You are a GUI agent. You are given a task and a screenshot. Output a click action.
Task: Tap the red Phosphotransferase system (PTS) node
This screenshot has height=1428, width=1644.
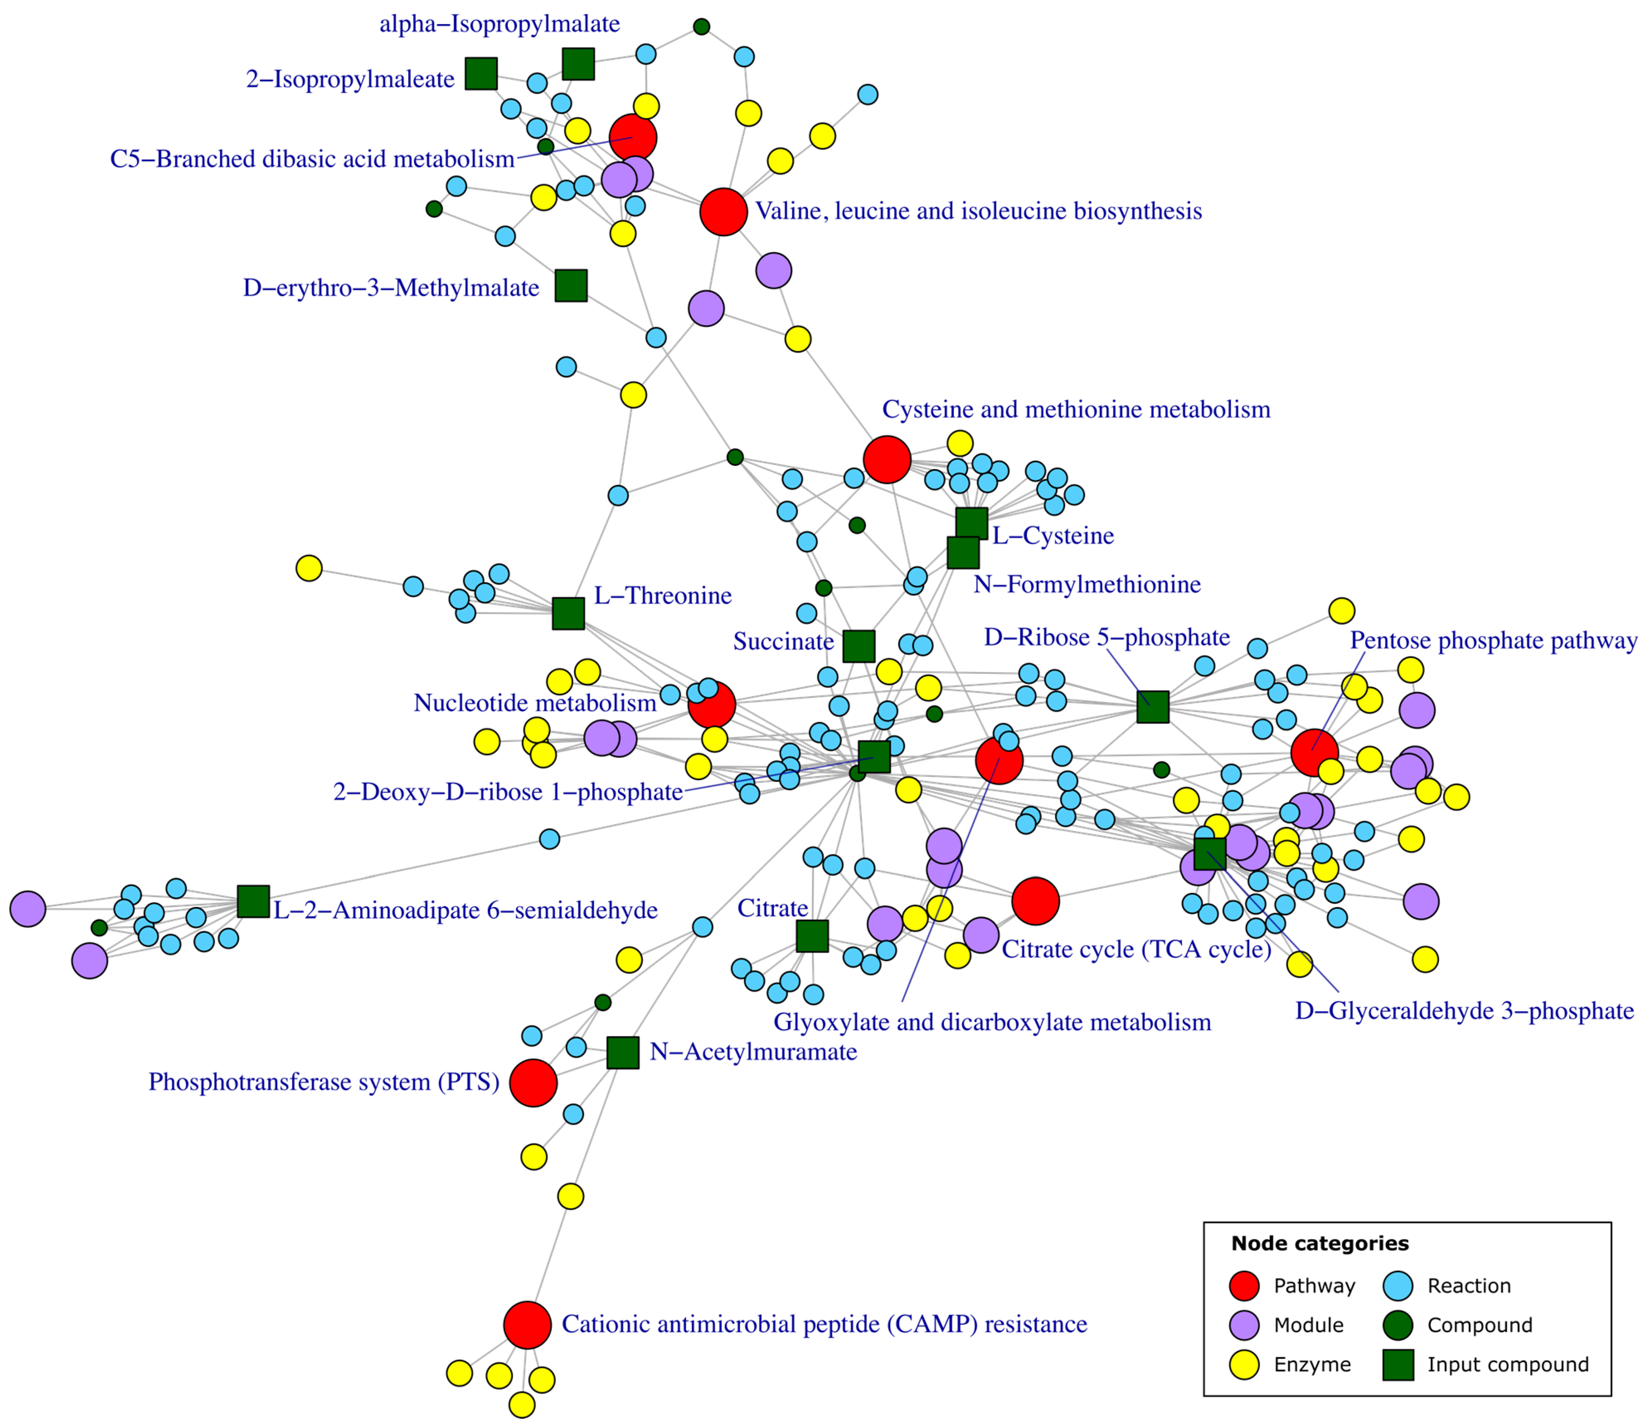coord(532,1082)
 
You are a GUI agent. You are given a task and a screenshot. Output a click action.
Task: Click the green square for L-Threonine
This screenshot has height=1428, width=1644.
coord(568,613)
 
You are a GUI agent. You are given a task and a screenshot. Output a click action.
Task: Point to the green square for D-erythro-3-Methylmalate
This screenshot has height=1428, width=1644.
coord(571,285)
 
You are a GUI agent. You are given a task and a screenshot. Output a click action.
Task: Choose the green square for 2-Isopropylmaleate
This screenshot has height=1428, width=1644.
coord(481,73)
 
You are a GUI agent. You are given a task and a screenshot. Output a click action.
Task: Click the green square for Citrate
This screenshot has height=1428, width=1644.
coord(812,936)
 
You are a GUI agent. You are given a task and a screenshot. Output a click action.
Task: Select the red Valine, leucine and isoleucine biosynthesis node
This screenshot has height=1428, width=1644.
coord(723,212)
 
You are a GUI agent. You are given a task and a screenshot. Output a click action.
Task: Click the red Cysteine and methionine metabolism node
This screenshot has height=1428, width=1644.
coord(886,459)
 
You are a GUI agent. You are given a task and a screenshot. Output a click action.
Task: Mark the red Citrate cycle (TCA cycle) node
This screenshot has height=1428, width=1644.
coord(1035,901)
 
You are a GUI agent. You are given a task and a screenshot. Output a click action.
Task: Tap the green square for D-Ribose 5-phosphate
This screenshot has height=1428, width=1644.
coord(1152,707)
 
